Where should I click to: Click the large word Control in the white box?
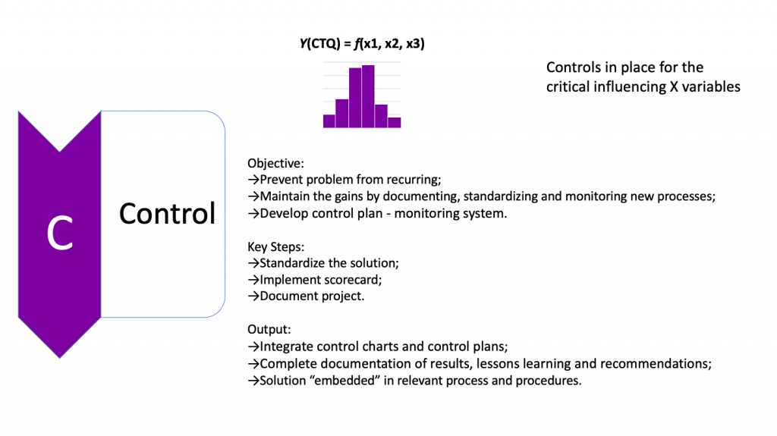coord(167,214)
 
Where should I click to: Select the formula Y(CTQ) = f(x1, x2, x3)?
coord(362,44)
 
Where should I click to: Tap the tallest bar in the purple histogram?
coord(369,96)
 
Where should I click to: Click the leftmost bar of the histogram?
coord(329,121)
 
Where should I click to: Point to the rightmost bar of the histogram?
coord(394,122)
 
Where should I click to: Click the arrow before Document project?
coord(253,296)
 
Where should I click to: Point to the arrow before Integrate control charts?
coord(253,347)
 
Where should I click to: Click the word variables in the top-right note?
coord(711,87)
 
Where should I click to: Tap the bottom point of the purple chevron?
coord(59,356)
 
